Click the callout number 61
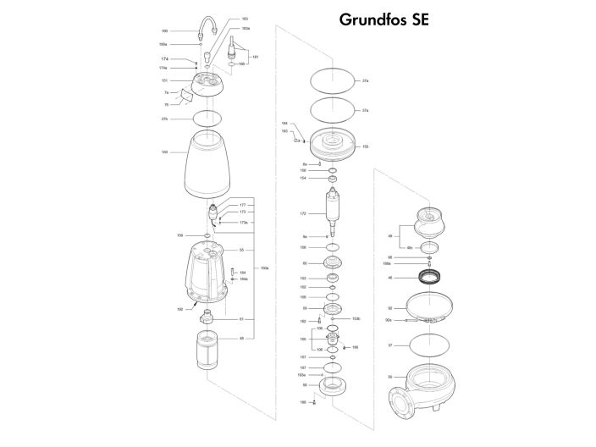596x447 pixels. click(x=241, y=319)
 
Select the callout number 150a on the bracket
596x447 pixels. click(x=265, y=268)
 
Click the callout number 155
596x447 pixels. click(x=366, y=146)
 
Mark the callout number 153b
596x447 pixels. click(x=356, y=318)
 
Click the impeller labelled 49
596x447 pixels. click(x=431, y=226)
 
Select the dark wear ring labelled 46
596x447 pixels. click(x=433, y=276)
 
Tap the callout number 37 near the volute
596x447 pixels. click(x=390, y=345)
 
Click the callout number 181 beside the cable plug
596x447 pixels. click(x=255, y=56)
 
